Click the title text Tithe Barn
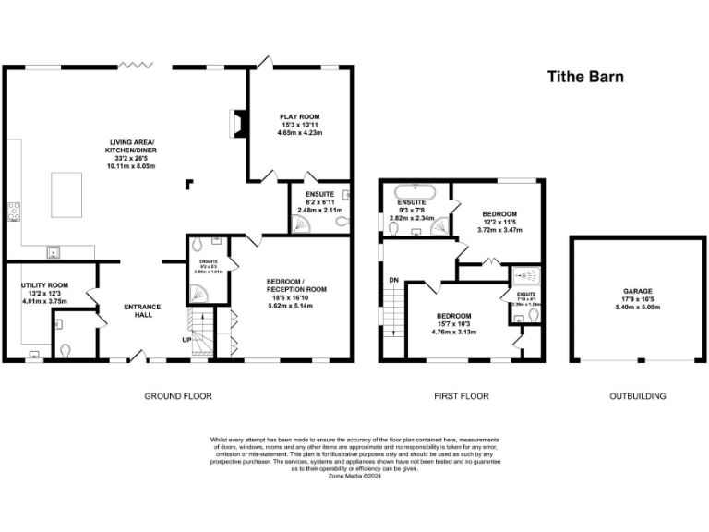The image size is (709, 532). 585,77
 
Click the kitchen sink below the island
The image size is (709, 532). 54,250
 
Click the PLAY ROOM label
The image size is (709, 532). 300,116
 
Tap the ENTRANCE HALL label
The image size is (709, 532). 143,311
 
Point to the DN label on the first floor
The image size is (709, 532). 393,280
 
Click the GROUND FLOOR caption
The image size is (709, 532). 177,396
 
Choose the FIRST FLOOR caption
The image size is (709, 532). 462,396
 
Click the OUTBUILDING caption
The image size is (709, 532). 637,396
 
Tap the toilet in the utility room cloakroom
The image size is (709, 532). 63,351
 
